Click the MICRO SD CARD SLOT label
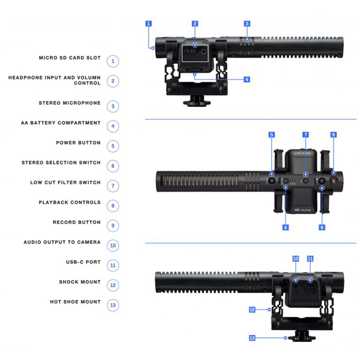pyautogui.click(x=69, y=58)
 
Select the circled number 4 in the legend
pyautogui.click(x=113, y=126)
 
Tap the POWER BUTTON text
pyautogui.click(x=78, y=143)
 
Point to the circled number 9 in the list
pyautogui.click(x=113, y=225)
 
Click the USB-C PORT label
pyautogui.click(x=83, y=262)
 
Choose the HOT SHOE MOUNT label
pyautogui.click(x=75, y=302)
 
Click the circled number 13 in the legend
pyautogui.click(x=113, y=305)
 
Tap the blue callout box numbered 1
pyautogui.click(x=148, y=24)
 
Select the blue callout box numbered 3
pyautogui.click(x=247, y=24)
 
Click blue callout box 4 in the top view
pyautogui.click(x=247, y=80)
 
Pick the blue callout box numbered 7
pyautogui.click(x=305, y=135)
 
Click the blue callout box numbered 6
pyautogui.click(x=286, y=227)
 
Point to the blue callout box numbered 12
pyautogui.click(x=252, y=310)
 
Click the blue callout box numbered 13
pyautogui.click(x=252, y=337)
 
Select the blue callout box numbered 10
pyautogui.click(x=296, y=259)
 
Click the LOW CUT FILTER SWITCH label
pyautogui.click(x=65, y=183)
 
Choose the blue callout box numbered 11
pyautogui.click(x=310, y=259)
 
